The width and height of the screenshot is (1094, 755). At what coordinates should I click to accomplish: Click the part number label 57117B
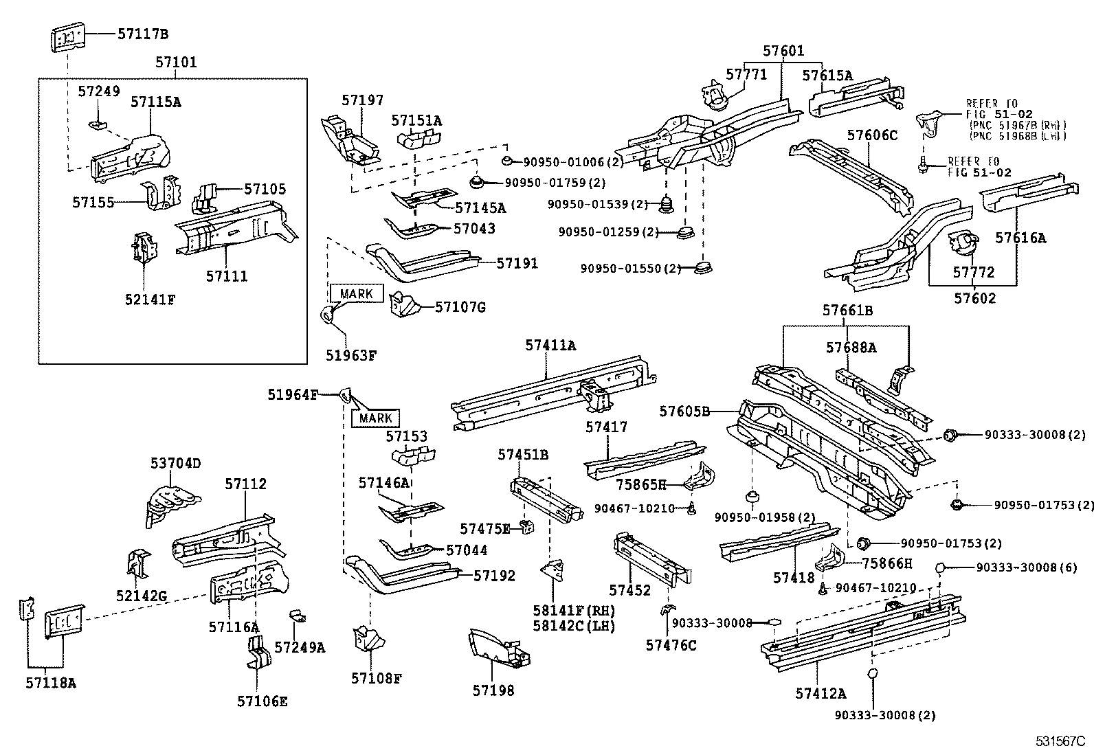tap(142, 33)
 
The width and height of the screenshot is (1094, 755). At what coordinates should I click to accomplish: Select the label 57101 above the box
tap(175, 63)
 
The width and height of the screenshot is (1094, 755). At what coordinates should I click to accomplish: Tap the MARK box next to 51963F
tap(356, 294)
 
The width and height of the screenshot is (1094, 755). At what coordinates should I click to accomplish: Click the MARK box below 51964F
tap(375, 418)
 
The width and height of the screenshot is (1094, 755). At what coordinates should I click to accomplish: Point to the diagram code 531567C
tap(1060, 742)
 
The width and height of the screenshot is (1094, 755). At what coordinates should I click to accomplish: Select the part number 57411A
tap(550, 346)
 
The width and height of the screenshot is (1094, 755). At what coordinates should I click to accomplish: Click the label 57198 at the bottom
tap(493, 690)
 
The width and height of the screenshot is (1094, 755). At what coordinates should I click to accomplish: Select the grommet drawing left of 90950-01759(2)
tap(476, 182)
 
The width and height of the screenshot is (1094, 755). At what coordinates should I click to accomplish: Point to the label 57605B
tap(684, 412)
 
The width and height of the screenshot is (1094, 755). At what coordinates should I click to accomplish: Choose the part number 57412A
tap(820, 694)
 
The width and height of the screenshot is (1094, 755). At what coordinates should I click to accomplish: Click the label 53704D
tap(176, 464)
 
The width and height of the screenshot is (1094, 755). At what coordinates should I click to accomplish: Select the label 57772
tap(973, 273)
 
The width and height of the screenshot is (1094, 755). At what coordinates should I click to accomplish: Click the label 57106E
tap(263, 701)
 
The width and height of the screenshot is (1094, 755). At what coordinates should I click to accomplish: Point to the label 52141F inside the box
tap(150, 300)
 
